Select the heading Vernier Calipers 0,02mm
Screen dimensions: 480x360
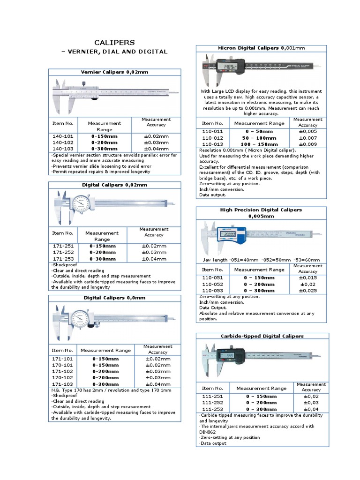pyautogui.click(x=114, y=72)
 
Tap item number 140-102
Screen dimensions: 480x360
pyautogui.click(x=62, y=142)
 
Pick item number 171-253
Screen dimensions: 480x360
pyautogui.click(x=63, y=258)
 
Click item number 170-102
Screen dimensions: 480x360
pyautogui.click(x=62, y=377)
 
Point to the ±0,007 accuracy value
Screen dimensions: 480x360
pyautogui.click(x=307, y=138)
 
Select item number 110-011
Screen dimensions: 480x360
pyautogui.click(x=212, y=132)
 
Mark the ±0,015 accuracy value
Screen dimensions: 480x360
pyautogui.click(x=307, y=277)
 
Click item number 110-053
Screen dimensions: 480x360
pyautogui.click(x=212, y=291)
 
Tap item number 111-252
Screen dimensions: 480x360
pyautogui.click(x=212, y=403)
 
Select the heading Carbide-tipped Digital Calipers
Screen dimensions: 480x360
pyautogui.click(x=262, y=336)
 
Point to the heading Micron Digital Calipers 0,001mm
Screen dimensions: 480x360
pyautogui.click(x=262, y=48)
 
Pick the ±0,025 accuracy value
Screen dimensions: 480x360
pyautogui.click(x=307, y=291)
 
